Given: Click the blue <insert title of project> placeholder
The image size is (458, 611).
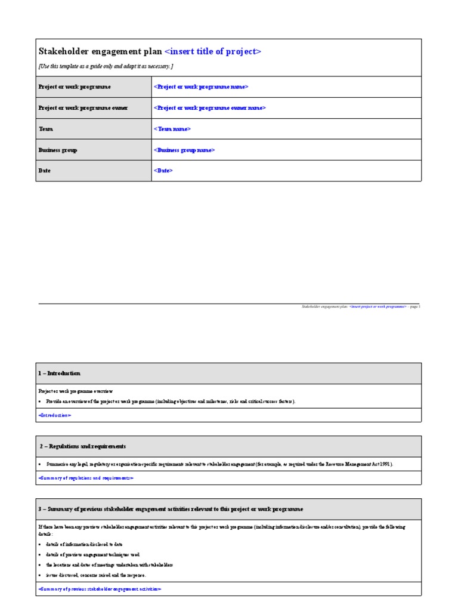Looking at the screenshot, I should [x=212, y=52].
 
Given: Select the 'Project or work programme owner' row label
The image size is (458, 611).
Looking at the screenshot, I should [x=83, y=108].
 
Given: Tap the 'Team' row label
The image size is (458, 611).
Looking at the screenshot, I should [x=45, y=129].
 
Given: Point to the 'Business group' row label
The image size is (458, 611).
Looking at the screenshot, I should [x=58, y=150].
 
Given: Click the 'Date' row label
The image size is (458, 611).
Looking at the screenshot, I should [x=45, y=171].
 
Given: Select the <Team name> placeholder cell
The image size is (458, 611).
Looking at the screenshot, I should [x=173, y=129].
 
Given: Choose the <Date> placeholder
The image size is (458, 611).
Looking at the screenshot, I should [x=163, y=171].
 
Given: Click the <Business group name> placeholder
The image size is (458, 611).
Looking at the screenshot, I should [x=184, y=150].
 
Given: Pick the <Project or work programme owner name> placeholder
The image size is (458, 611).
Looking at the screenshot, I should [x=210, y=108].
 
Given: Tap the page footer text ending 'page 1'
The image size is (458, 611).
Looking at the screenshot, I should [x=360, y=307].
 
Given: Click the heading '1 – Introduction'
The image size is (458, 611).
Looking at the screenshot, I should [x=60, y=373].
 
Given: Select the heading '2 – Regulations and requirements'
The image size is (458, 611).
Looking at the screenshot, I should [x=83, y=446].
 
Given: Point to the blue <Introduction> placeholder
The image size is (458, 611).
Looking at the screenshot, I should [x=55, y=415].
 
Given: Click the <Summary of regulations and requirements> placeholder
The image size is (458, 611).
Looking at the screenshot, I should [x=86, y=478].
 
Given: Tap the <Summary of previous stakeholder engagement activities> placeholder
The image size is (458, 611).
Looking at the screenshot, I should [x=100, y=589].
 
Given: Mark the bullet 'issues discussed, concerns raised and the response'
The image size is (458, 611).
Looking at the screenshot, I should [x=95, y=575].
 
